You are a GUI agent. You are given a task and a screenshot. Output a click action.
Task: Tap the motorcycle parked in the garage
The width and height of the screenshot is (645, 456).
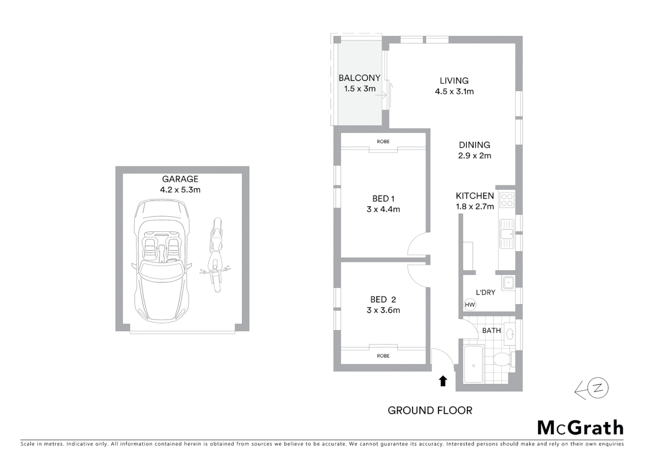click(x=216, y=255)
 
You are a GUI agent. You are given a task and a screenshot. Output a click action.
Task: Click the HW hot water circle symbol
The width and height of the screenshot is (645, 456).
click(x=469, y=305)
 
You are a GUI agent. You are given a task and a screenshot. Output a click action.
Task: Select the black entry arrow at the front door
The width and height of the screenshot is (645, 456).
click(x=443, y=381)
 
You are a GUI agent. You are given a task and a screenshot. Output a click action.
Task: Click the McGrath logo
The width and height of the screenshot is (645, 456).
click(x=580, y=428)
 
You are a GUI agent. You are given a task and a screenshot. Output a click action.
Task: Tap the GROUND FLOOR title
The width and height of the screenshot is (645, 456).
click(x=430, y=410)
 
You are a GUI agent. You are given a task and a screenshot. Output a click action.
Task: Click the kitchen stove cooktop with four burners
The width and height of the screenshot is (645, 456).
click(x=507, y=200)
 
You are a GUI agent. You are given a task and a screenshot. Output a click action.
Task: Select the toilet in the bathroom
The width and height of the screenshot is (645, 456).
click(x=503, y=360)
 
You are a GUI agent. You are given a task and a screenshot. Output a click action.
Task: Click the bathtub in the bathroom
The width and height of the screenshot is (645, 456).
click(x=474, y=364)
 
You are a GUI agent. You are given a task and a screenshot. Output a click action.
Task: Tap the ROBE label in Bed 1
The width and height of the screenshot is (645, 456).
click(x=383, y=141)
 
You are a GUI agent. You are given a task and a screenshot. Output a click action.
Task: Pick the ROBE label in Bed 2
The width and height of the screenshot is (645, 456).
click(x=383, y=356)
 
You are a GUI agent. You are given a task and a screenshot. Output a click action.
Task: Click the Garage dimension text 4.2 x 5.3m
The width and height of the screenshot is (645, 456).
click(x=180, y=190)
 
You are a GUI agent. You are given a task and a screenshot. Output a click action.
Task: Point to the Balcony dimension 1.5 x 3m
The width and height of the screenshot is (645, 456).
click(x=360, y=89)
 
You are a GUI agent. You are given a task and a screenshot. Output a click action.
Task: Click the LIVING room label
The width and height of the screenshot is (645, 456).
click(x=454, y=81)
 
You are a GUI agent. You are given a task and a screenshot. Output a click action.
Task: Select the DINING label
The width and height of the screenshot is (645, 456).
click(x=474, y=145)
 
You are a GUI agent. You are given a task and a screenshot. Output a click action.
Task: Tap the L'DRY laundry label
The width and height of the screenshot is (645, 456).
click(x=485, y=292)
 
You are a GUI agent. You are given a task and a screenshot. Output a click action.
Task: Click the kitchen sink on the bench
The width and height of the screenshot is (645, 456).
click(x=506, y=234)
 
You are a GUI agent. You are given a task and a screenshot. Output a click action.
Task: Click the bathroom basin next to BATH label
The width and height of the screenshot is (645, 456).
click(x=509, y=334)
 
